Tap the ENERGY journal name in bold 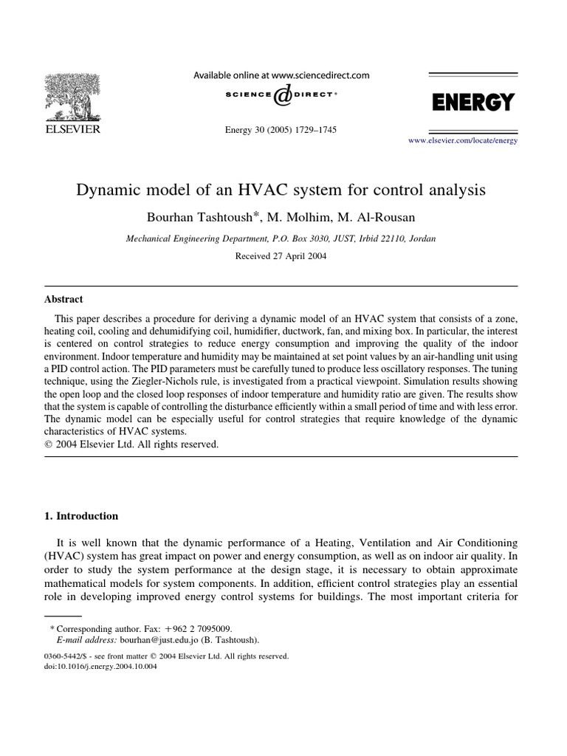coord(472,103)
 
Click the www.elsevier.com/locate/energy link coord(463,140)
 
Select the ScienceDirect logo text coord(281,95)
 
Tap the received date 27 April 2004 coord(281,256)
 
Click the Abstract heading coord(64,299)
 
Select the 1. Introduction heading coord(81,516)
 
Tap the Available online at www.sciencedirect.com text coord(281,75)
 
